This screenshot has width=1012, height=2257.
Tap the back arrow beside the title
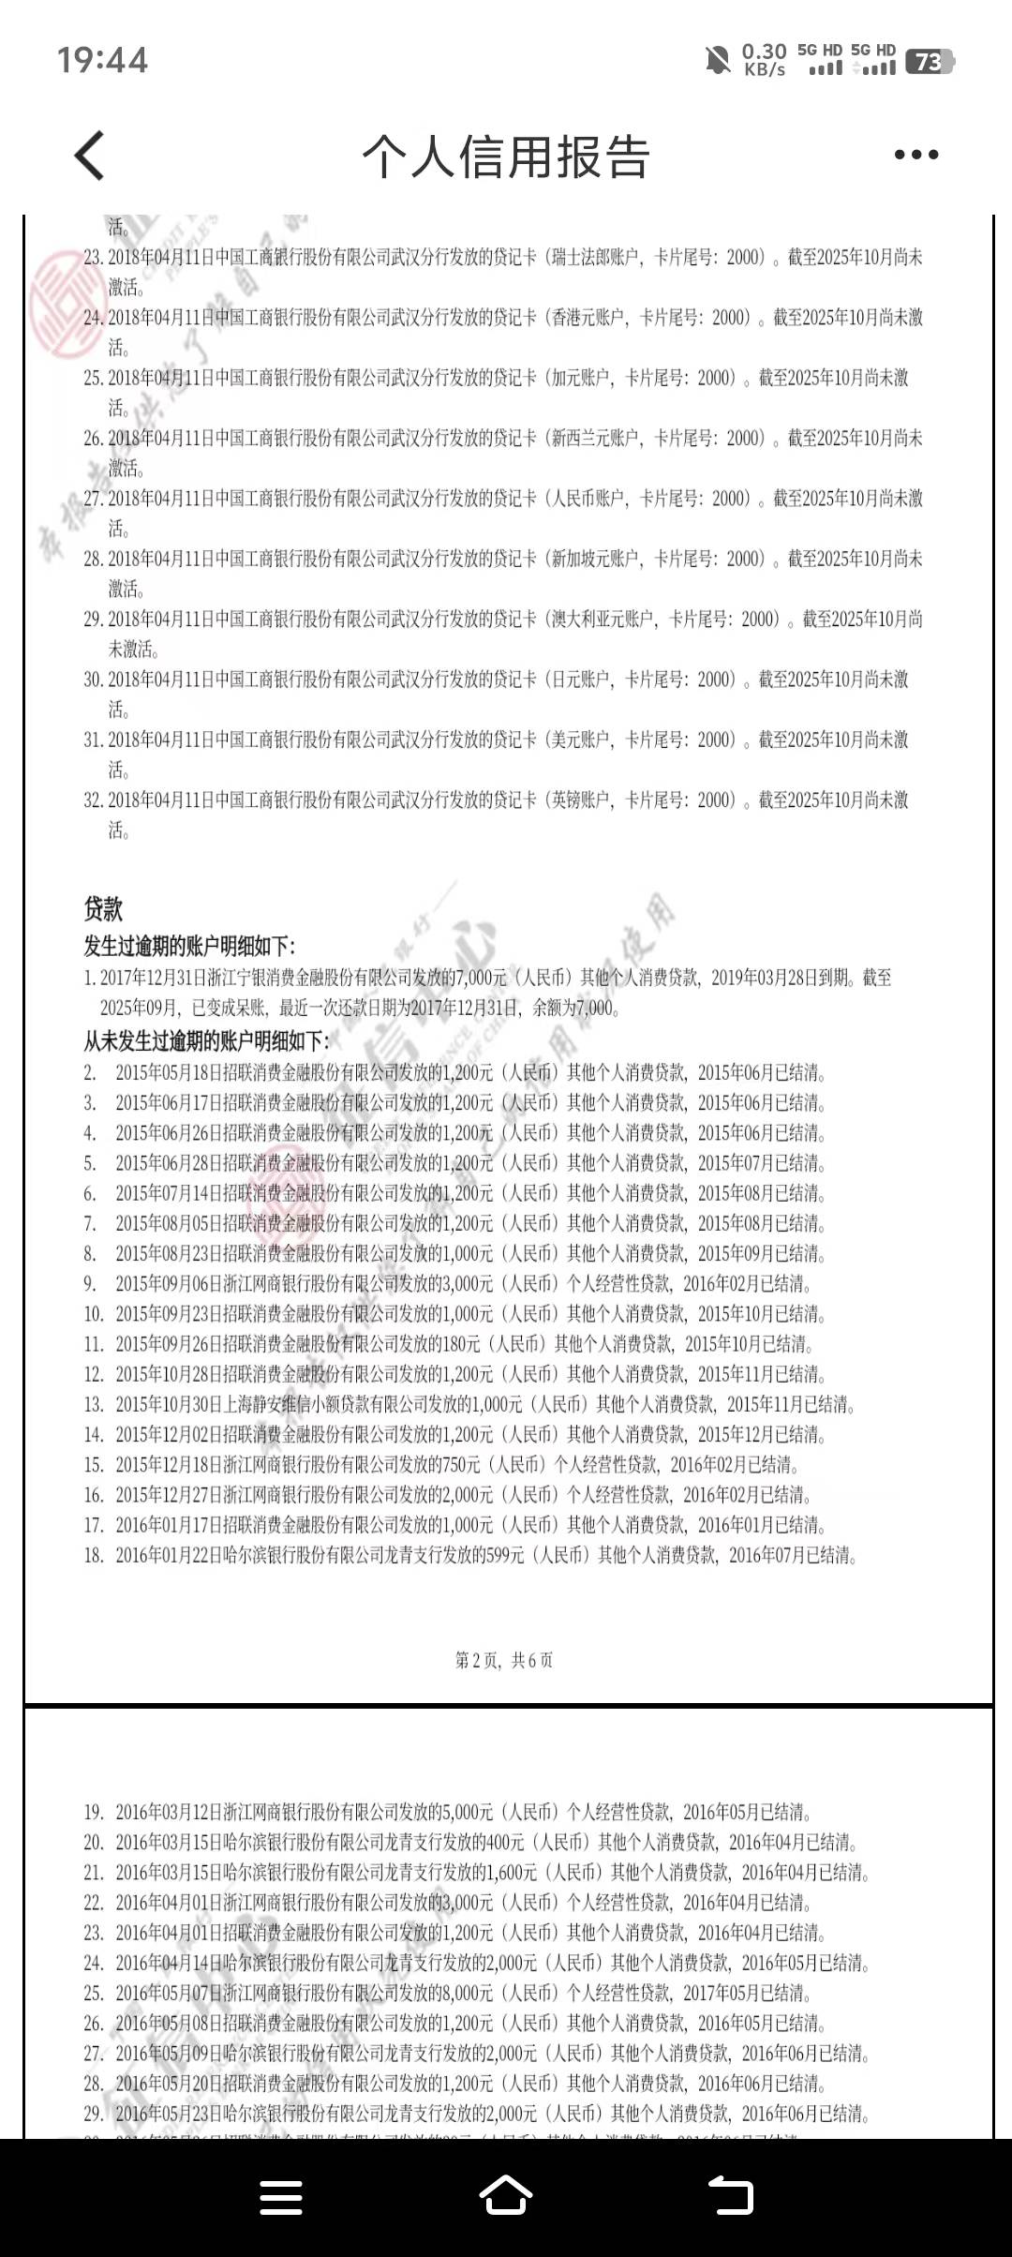point(90,156)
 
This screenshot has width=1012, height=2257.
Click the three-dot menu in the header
point(915,155)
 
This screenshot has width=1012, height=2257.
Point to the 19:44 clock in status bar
point(102,61)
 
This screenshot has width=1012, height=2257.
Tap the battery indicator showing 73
point(929,62)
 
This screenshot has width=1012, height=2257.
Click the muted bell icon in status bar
point(717,61)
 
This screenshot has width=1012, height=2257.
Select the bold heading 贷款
point(103,908)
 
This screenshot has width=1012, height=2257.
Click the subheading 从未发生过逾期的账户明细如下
point(206,1041)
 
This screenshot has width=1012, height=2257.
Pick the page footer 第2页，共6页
point(504,1661)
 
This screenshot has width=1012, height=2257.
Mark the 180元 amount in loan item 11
point(461,1344)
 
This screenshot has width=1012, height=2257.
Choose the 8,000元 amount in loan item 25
point(512,1993)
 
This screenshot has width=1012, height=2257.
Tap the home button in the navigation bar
point(506,2196)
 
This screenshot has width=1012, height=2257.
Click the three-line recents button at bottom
point(280,2196)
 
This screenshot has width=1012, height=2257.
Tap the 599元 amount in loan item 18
point(504,1556)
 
